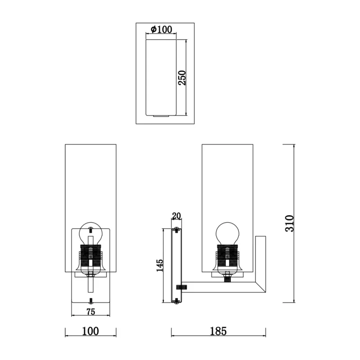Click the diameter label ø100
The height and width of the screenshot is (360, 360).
pyautogui.click(x=161, y=29)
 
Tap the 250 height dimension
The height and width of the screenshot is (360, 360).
pyautogui.click(x=182, y=78)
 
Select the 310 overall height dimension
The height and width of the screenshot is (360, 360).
pyautogui.click(x=289, y=223)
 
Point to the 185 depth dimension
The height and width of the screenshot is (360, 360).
pyautogui.click(x=218, y=331)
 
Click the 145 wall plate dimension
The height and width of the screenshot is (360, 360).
pyautogui.click(x=160, y=265)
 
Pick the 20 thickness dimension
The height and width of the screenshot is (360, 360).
pyautogui.click(x=176, y=216)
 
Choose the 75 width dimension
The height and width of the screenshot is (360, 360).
pyautogui.click(x=91, y=311)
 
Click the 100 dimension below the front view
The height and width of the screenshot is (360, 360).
pyautogui.click(x=90, y=331)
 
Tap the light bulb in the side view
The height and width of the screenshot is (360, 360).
pyautogui.click(x=227, y=234)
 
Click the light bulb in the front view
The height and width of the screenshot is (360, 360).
pyautogui.click(x=91, y=234)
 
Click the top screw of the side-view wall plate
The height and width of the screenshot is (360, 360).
pyautogui.click(x=176, y=230)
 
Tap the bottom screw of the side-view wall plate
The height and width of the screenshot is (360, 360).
pyautogui.click(x=176, y=301)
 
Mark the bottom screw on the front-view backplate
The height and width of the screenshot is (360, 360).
pyautogui.click(x=91, y=300)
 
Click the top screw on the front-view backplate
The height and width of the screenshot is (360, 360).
pyautogui.click(x=91, y=229)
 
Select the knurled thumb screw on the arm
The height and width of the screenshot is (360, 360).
pyautogui.click(x=181, y=287)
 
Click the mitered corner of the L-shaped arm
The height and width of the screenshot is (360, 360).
pyautogui.click(x=261, y=287)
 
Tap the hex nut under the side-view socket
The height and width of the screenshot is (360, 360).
pyautogui.click(x=227, y=274)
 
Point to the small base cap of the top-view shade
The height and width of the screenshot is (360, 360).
pyautogui.click(x=161, y=116)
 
